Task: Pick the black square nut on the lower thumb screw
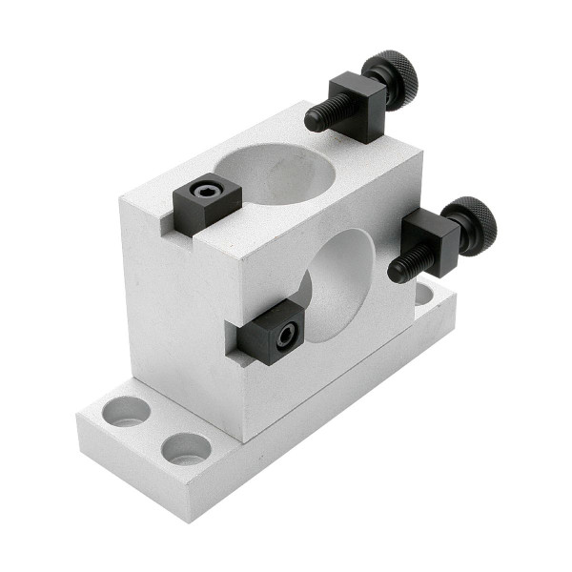click(432, 240)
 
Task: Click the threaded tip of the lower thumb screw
click(399, 273)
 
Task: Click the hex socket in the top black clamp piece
click(203, 192)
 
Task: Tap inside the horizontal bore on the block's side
click(338, 286)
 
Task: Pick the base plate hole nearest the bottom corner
click(187, 448)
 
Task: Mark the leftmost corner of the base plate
click(77, 416)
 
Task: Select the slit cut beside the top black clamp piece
click(167, 225)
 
